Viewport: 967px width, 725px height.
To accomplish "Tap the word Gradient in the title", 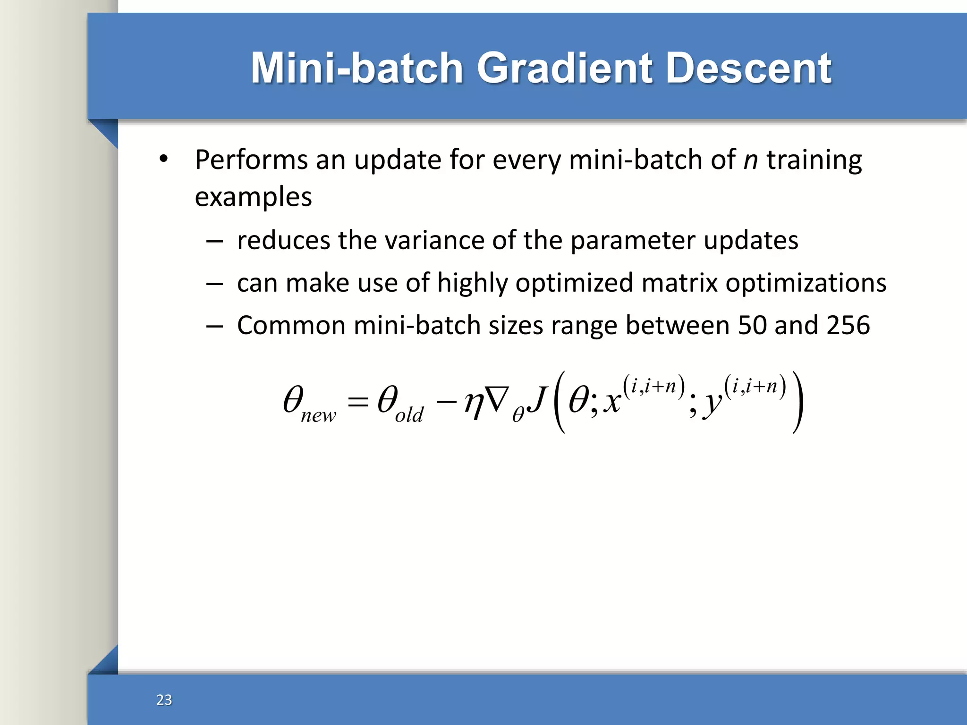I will (x=564, y=68).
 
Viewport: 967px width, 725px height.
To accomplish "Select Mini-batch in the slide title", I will (x=356, y=68).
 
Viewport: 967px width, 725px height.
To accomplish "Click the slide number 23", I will (x=164, y=700).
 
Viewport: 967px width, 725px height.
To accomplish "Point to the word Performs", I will (x=251, y=160).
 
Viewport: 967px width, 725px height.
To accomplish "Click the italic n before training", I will (x=750, y=160).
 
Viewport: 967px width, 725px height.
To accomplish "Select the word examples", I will (x=253, y=197).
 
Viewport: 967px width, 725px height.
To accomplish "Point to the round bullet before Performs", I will (x=163, y=159).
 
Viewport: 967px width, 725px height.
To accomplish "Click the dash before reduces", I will (x=214, y=242).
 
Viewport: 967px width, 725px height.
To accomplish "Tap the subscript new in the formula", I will (x=318, y=416).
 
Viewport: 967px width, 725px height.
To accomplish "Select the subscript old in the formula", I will (x=409, y=415).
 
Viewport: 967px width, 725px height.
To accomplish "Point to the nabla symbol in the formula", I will (x=497, y=399).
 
